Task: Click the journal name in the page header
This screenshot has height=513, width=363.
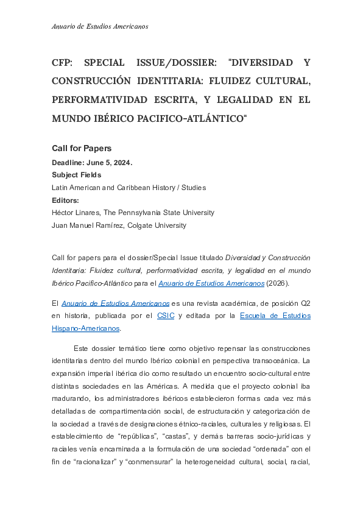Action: (x=100, y=26)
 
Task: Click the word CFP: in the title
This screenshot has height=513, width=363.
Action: (x=64, y=63)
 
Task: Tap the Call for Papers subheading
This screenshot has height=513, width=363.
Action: (x=82, y=148)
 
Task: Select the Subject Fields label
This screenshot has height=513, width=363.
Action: (x=76, y=175)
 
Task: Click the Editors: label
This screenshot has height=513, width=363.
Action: (x=66, y=200)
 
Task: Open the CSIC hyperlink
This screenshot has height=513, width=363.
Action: (x=166, y=316)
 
